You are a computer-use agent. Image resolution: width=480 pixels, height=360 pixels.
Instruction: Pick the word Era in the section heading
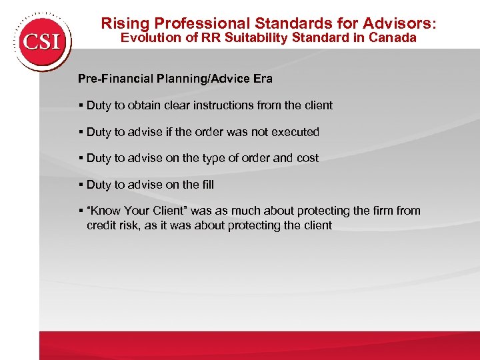coord(261,79)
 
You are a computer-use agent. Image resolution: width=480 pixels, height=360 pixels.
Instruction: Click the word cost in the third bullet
coord(306,158)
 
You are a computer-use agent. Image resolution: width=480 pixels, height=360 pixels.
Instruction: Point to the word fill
coord(207,185)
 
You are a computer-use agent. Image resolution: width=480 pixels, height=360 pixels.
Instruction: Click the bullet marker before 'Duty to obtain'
coord(81,105)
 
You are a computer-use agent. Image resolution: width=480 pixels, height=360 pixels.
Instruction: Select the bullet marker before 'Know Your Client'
coord(81,211)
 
